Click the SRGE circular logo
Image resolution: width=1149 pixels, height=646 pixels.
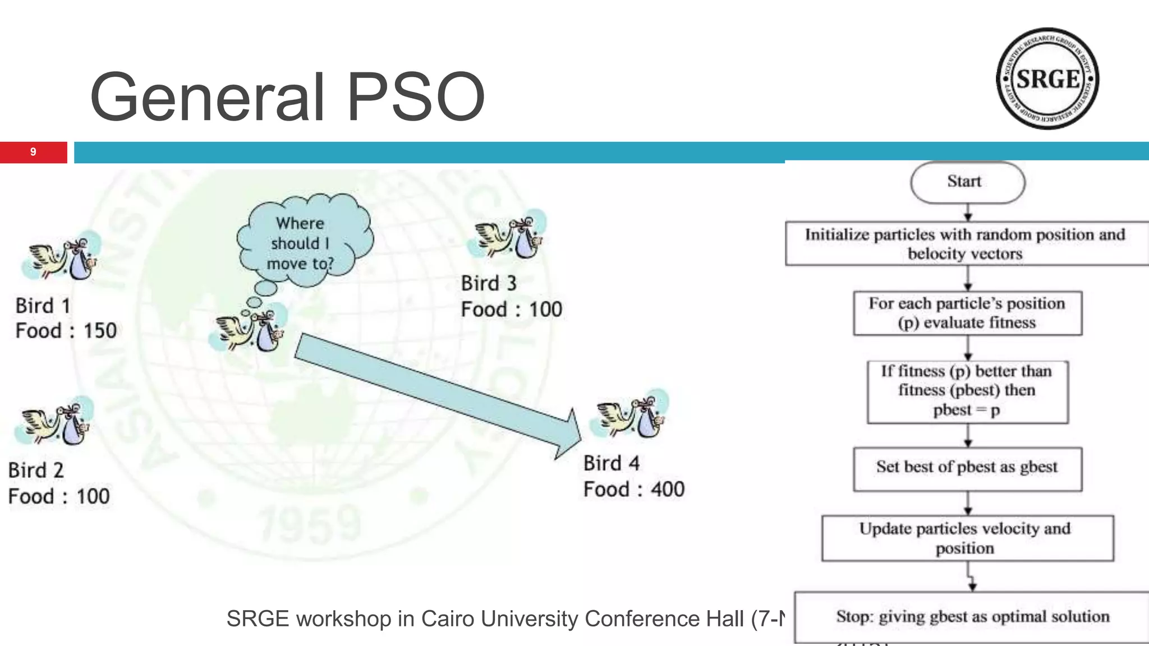(x=1047, y=79)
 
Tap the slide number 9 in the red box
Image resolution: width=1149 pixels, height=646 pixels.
(x=33, y=152)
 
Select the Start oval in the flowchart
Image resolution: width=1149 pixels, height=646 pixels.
(x=967, y=182)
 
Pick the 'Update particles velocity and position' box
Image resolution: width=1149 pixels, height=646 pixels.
(x=967, y=538)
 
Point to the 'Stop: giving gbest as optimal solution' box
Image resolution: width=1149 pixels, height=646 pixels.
(x=972, y=617)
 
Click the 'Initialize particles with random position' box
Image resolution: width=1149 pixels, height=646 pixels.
(x=966, y=244)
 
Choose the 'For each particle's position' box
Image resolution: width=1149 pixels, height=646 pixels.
(x=967, y=313)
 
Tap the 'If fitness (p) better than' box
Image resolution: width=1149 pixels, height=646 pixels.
(x=967, y=391)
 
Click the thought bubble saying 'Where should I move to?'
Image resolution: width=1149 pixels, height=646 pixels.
(x=303, y=241)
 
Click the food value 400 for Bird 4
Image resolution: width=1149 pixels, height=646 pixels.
(x=668, y=490)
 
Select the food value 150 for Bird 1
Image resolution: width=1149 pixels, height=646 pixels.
(x=100, y=331)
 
